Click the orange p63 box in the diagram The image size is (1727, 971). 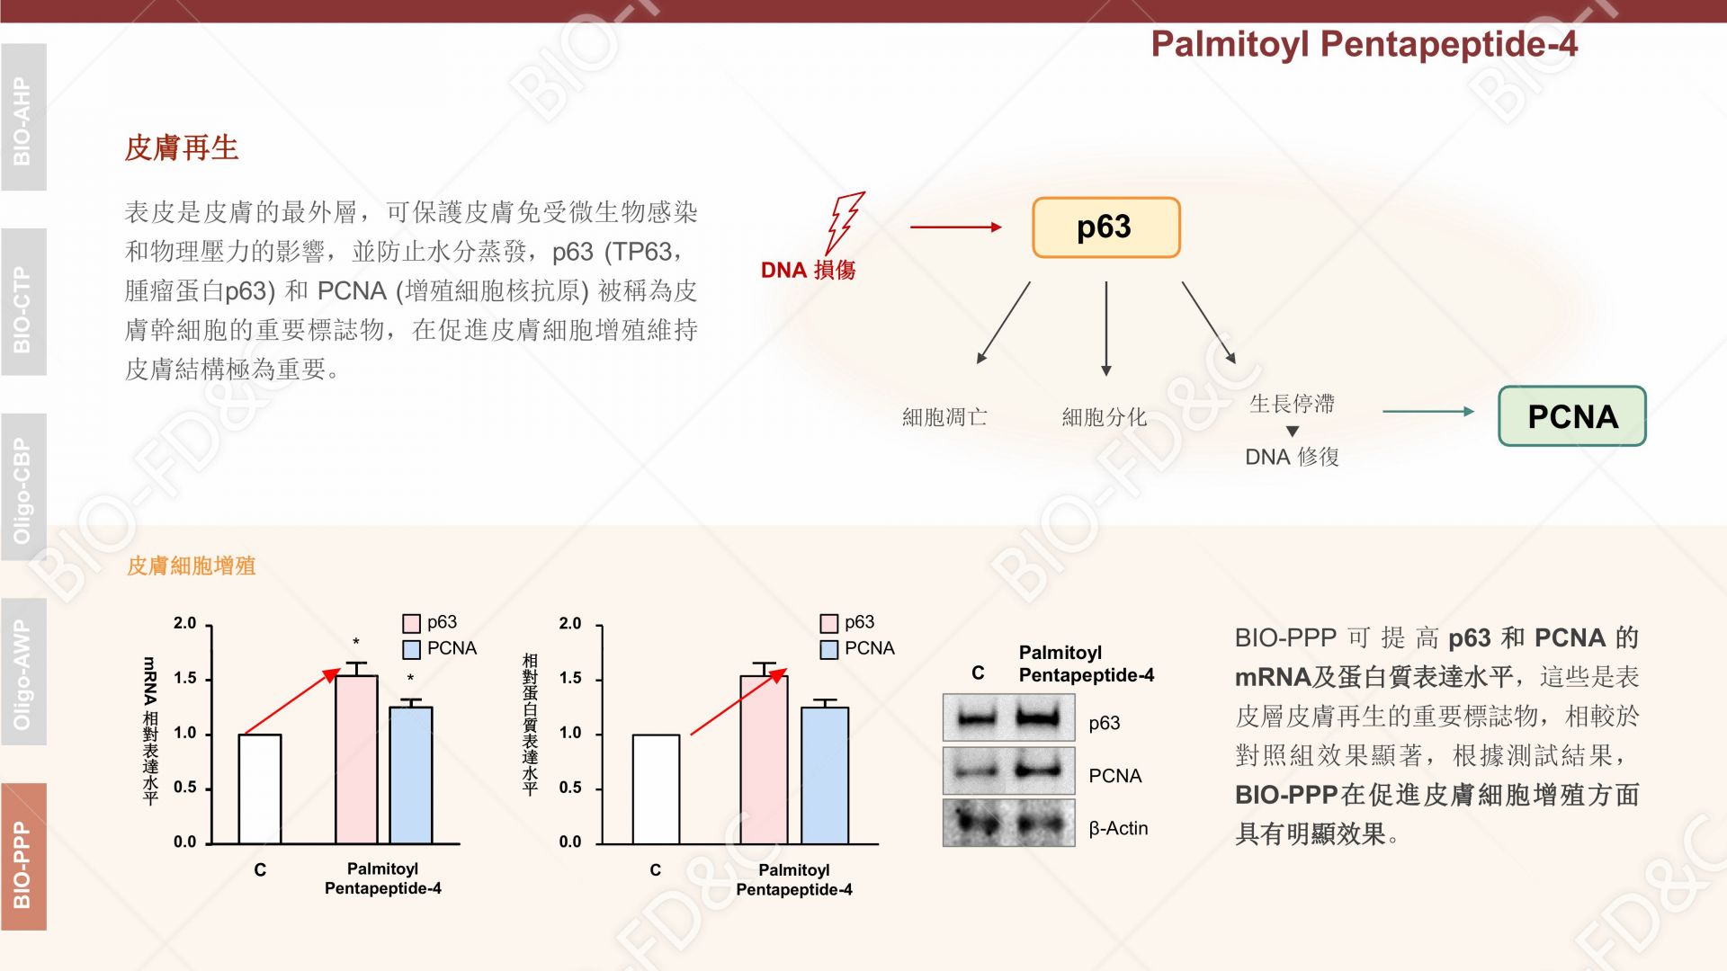pos(1105,227)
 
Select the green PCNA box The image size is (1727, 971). pos(1572,416)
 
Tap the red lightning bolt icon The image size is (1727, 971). pos(845,222)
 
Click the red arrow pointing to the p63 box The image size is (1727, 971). pos(956,227)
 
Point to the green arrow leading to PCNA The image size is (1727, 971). pos(1428,412)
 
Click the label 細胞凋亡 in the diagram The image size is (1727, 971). pos(944,417)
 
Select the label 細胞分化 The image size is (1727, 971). pos(1105,417)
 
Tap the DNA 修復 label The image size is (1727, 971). pos(1292,457)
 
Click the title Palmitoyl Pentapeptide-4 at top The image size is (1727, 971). pos(1364,44)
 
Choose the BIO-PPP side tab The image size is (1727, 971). pos(23,857)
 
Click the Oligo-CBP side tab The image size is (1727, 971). pos(23,487)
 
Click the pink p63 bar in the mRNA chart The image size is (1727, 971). pos(357,760)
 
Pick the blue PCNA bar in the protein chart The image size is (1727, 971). pos(825,776)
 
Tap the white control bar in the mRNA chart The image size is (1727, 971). pos(260,789)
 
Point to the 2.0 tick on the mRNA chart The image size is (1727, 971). pos(184,623)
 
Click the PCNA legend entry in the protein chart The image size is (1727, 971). pos(858,648)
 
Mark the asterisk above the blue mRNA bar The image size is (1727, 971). pos(411,679)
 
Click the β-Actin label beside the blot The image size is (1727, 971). pos(1118,828)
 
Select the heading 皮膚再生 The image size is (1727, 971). pos(182,147)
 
